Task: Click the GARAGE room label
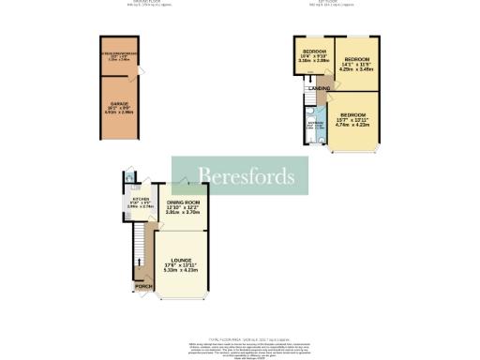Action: point(119,103)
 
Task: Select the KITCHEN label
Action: point(140,199)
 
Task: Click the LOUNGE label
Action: point(182,262)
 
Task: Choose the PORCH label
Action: point(143,286)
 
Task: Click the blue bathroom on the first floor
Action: point(314,127)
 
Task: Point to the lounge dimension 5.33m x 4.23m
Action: point(182,273)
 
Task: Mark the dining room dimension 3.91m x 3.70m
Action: point(184,213)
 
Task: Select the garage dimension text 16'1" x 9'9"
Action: point(119,109)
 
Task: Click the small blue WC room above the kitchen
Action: point(134,179)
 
